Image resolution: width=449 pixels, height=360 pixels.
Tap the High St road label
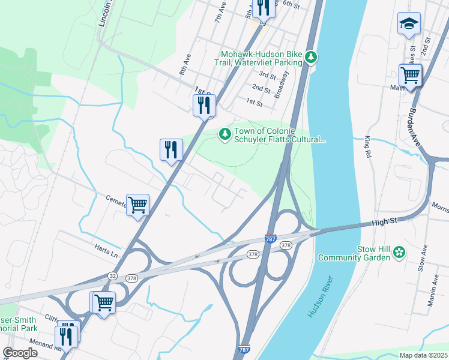[x=384, y=222]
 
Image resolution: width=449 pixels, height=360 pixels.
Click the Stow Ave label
[x=423, y=257]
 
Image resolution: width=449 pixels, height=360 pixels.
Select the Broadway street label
[x=281, y=85]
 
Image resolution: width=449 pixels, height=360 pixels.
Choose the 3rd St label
[x=267, y=76]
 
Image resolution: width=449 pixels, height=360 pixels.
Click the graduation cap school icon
[x=409, y=24]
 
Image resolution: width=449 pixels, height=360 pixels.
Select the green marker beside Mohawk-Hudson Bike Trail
[x=311, y=57]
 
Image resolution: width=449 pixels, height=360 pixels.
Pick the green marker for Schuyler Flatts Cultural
[x=224, y=134]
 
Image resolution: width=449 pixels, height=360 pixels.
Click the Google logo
[x=20, y=353]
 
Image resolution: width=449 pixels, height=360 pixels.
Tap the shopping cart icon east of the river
[x=410, y=76]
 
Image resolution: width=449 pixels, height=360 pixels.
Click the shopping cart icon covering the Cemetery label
[x=137, y=205]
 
